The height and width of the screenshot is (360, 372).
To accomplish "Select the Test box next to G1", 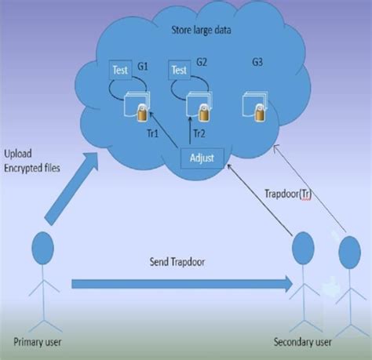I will click(x=119, y=70).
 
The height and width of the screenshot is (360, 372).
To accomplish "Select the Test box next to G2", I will click(x=179, y=70).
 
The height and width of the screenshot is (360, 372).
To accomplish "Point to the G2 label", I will click(x=202, y=61).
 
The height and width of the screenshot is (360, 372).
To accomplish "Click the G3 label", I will click(x=257, y=62).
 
